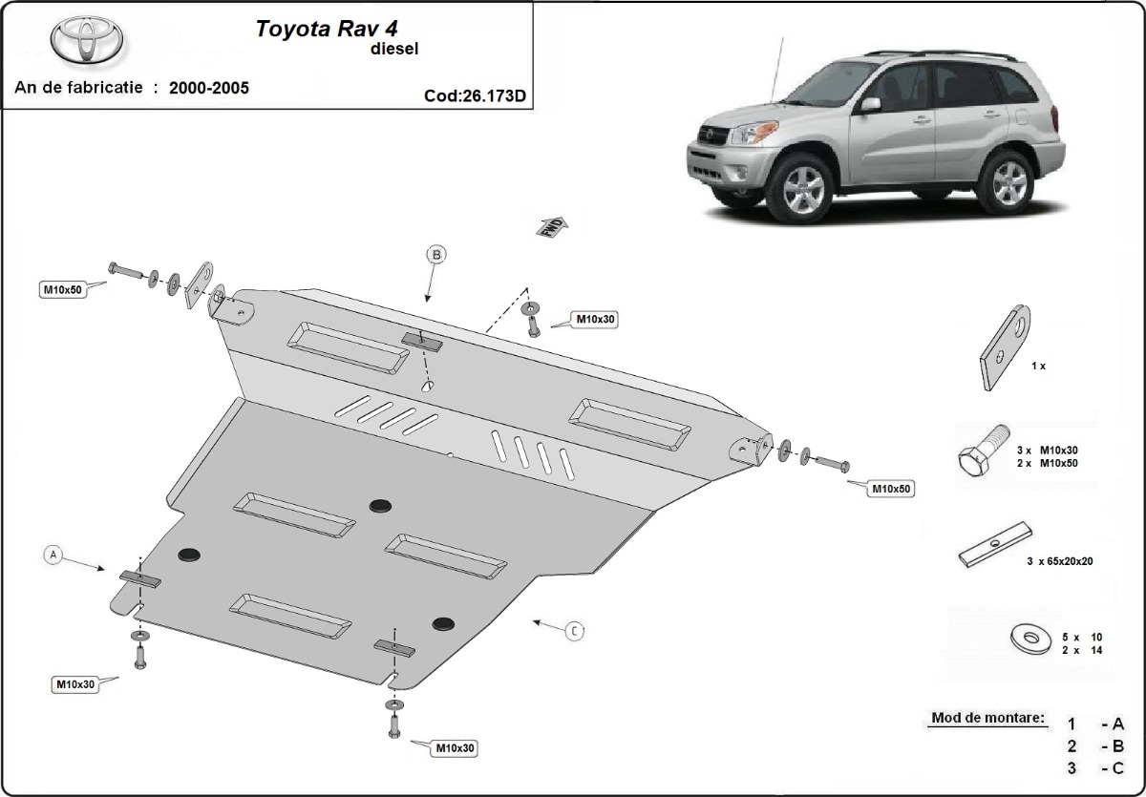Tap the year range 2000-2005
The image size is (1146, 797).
tap(209, 88)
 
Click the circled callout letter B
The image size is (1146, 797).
tap(435, 255)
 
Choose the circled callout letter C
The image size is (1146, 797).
tap(573, 630)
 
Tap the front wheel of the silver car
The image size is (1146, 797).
tap(804, 188)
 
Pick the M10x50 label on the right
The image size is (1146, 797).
tap(890, 489)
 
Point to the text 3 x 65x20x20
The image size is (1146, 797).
tap(1060, 562)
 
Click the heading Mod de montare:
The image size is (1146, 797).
tap(987, 718)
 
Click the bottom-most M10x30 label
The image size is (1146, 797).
tap(454, 748)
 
